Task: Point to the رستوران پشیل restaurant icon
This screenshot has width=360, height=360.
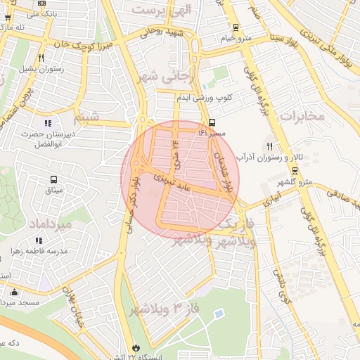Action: [x=41, y=58]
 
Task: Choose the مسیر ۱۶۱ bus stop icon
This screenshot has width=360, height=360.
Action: [x=212, y=122]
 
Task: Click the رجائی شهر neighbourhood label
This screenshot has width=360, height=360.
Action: [x=175, y=75]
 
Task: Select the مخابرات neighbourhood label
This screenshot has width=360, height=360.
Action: [x=302, y=115]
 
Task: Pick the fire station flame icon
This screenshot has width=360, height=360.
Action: [x=136, y=348]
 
